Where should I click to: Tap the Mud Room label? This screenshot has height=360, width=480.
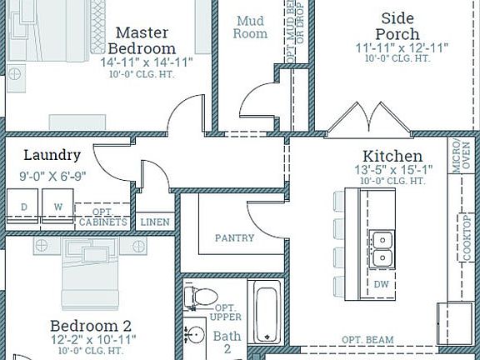pos(252,27)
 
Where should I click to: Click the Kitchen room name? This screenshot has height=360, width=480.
pos(392,156)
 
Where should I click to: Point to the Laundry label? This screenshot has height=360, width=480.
pos(52,155)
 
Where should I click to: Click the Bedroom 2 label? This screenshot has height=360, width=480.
pos(90,325)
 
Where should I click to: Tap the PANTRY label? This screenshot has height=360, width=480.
pos(234,237)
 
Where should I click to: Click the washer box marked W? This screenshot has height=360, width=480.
pos(58,207)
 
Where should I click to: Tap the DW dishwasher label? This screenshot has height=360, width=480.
pos(382,284)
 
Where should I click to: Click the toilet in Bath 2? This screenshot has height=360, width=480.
pos(202,295)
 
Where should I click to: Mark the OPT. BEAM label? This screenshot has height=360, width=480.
pos(368,341)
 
